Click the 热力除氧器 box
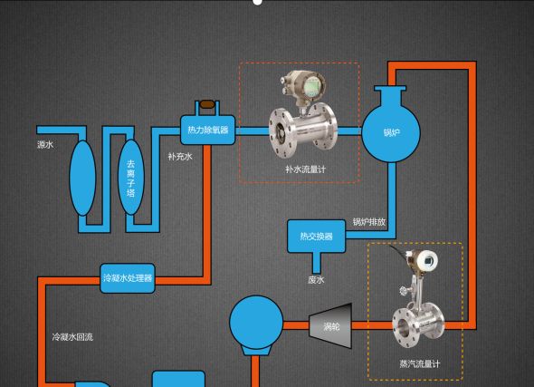[x=207, y=130]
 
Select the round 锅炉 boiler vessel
[x=391, y=132]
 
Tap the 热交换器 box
[x=317, y=237]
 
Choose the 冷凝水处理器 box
[x=128, y=278]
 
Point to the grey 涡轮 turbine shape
[x=330, y=326]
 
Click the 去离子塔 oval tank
[x=131, y=178]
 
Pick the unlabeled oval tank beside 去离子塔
[x=82, y=178]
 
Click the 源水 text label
[x=45, y=145]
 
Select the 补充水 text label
[x=180, y=157]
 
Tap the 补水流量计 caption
[x=306, y=169]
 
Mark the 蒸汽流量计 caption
[x=420, y=363]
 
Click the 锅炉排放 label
[x=369, y=222]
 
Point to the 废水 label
[x=316, y=280]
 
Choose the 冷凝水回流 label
[x=72, y=337]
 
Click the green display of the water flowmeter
[x=311, y=86]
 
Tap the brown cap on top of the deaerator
[x=207, y=104]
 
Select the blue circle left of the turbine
[x=256, y=323]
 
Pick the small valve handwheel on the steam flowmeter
[x=405, y=291]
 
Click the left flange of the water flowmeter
[x=281, y=133]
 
